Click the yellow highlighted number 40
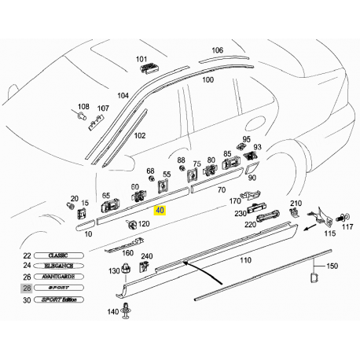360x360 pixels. coord(160,210)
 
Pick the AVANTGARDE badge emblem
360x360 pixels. coord(62,277)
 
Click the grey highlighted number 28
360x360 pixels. coord(28,288)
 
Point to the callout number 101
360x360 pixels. coord(141,59)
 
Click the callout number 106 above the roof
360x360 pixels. coord(217,50)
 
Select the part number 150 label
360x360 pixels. coord(332,266)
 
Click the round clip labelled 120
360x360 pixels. coord(130,225)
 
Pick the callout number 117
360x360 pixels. coord(347,228)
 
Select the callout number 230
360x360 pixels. coord(239,212)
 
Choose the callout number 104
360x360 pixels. coord(123,96)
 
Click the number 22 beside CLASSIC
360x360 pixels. coord(28,256)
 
